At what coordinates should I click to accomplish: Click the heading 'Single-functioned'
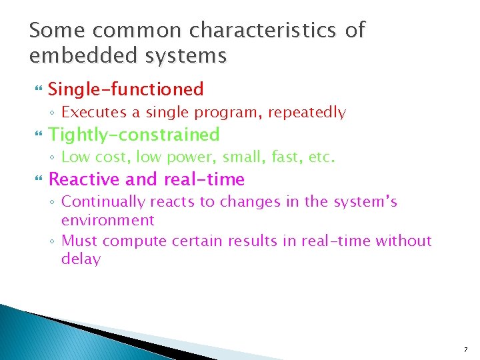(126, 89)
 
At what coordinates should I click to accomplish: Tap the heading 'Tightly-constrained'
(134, 135)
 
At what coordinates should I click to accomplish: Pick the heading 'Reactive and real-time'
(147, 179)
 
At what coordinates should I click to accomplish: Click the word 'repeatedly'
(308, 112)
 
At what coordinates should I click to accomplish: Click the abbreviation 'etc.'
(322, 157)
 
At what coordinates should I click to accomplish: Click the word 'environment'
(107, 220)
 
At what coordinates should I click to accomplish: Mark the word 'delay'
(81, 259)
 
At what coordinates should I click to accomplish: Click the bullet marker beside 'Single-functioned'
(37, 89)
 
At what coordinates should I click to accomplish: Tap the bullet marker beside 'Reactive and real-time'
(37, 180)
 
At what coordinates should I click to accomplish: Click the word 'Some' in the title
(51, 31)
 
